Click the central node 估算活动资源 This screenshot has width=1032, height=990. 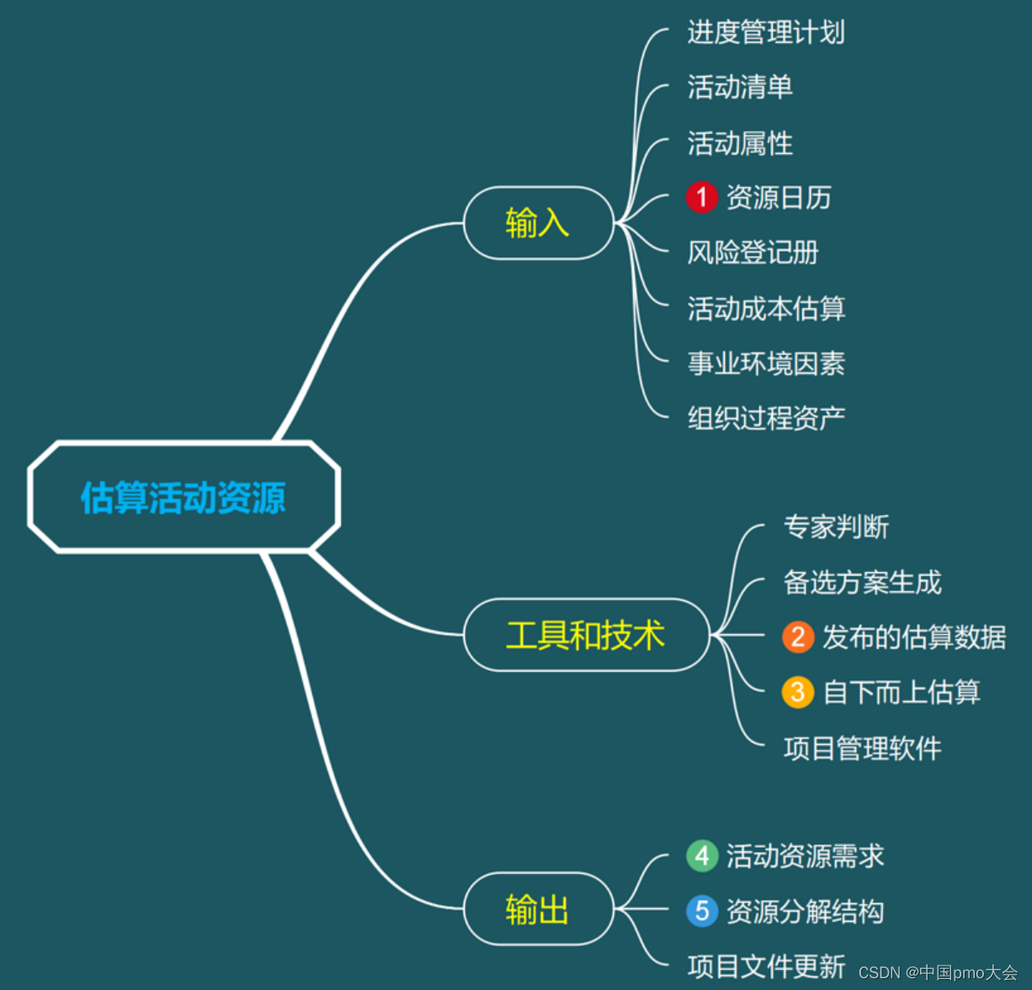184,497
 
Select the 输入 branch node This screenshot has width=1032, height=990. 538,223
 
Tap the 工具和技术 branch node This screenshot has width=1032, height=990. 586,635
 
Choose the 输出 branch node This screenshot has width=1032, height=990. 538,909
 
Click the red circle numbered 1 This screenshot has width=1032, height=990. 701,198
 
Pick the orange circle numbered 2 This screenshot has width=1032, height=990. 797,637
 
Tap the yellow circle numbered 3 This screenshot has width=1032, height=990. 797,692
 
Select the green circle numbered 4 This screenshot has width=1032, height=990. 701,856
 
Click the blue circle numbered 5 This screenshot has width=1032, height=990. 701,911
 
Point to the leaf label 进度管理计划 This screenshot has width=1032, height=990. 766,33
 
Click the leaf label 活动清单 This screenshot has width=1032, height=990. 740,88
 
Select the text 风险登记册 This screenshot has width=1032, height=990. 753,253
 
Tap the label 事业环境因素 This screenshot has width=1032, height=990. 766,364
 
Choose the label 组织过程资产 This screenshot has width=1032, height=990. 766,418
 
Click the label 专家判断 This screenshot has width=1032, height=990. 836,527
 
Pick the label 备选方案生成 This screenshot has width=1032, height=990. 862,583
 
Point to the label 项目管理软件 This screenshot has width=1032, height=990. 862,748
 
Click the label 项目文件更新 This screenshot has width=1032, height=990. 766,966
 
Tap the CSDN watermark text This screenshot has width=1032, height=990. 938,973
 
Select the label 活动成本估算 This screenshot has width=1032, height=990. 766,309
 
